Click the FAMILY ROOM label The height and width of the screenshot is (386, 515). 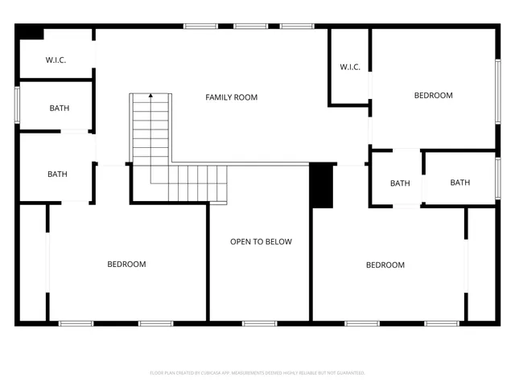click(x=231, y=97)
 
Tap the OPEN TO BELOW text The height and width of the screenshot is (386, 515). click(x=261, y=241)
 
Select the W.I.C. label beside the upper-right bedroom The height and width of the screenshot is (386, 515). click(x=349, y=67)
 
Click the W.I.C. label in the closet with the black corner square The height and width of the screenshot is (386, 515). click(x=56, y=60)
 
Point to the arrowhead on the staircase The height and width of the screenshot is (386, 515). click(x=150, y=96)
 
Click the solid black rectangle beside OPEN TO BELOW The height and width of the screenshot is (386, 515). click(x=322, y=186)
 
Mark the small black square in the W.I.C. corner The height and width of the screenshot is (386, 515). click(x=31, y=32)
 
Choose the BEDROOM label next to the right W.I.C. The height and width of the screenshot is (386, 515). click(x=433, y=96)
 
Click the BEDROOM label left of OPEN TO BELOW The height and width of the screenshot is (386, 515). click(x=127, y=264)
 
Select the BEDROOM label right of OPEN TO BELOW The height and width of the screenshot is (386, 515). click(x=385, y=265)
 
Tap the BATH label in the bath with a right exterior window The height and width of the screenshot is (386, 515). click(x=459, y=183)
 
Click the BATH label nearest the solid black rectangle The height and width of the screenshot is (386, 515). click(x=400, y=183)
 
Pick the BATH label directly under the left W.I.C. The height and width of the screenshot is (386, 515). click(x=59, y=108)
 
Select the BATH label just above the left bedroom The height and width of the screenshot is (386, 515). click(x=57, y=174)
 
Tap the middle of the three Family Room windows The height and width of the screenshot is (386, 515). click(x=250, y=26)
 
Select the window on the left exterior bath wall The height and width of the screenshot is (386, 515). click(x=17, y=105)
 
